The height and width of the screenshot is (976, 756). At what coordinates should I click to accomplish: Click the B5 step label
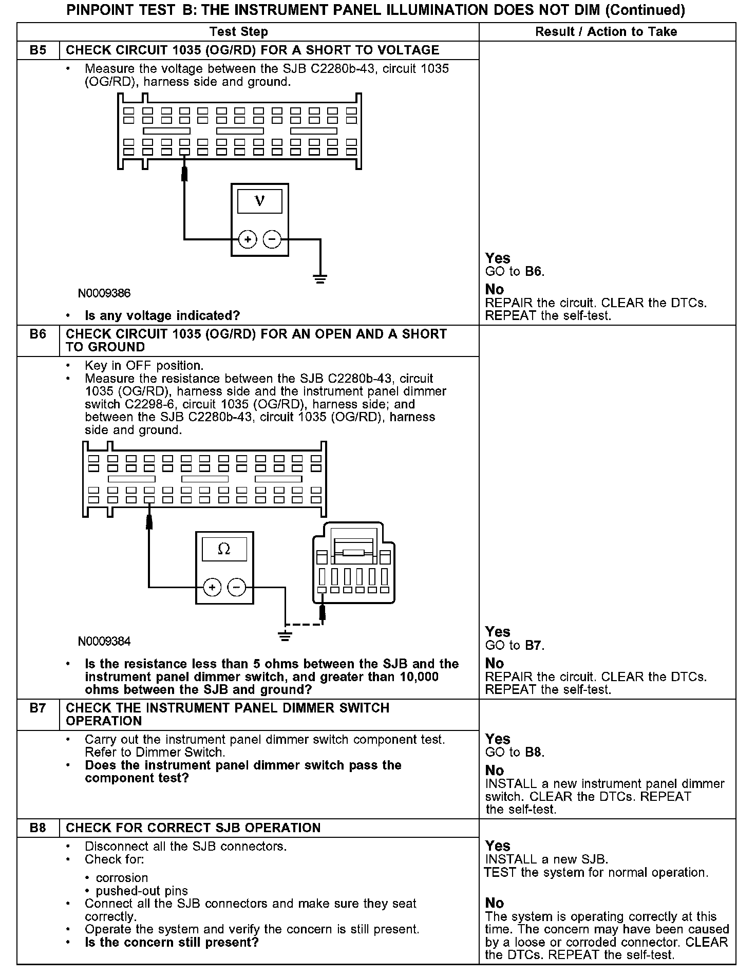point(37,50)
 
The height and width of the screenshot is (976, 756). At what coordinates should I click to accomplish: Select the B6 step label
point(37,334)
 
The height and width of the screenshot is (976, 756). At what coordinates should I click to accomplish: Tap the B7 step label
point(37,708)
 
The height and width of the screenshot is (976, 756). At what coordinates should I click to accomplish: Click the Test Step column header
point(239,32)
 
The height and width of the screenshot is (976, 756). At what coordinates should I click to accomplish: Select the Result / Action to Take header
point(606,32)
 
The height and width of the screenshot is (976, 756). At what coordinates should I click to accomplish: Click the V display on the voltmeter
point(260,201)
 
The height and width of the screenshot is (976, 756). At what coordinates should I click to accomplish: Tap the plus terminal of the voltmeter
point(248,239)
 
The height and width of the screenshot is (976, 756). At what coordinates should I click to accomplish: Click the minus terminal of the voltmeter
point(272,239)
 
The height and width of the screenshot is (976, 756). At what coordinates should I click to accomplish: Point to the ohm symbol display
point(224,549)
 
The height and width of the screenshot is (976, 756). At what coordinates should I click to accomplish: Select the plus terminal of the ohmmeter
point(212,587)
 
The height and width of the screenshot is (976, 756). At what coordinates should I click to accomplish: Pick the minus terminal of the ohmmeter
point(237,587)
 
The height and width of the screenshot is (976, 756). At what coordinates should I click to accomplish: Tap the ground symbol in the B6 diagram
point(285,636)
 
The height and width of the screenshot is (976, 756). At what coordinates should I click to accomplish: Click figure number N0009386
point(104,293)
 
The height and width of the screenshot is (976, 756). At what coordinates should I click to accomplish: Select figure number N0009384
point(104,642)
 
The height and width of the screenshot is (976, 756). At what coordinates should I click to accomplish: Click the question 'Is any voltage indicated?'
point(162,315)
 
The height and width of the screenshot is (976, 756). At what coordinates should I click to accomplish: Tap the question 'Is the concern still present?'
point(172,943)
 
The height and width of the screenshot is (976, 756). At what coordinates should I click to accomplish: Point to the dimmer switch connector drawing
point(354,563)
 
